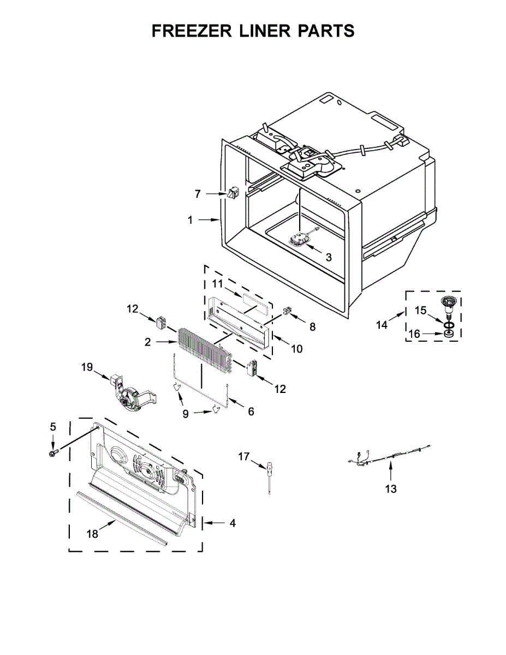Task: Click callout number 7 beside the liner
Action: coord(198,193)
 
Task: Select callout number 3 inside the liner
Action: coord(328,257)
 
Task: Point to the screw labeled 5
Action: coord(53,452)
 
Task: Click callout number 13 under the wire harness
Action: coord(391,489)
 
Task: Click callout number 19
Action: coord(87,367)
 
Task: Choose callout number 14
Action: coord(382,325)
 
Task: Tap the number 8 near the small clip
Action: coord(313,327)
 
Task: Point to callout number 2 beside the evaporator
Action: coord(147,342)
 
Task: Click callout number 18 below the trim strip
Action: coord(93,534)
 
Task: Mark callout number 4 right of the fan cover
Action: coord(233,523)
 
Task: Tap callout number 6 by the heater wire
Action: coord(251,412)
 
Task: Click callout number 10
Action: coord(297,348)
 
